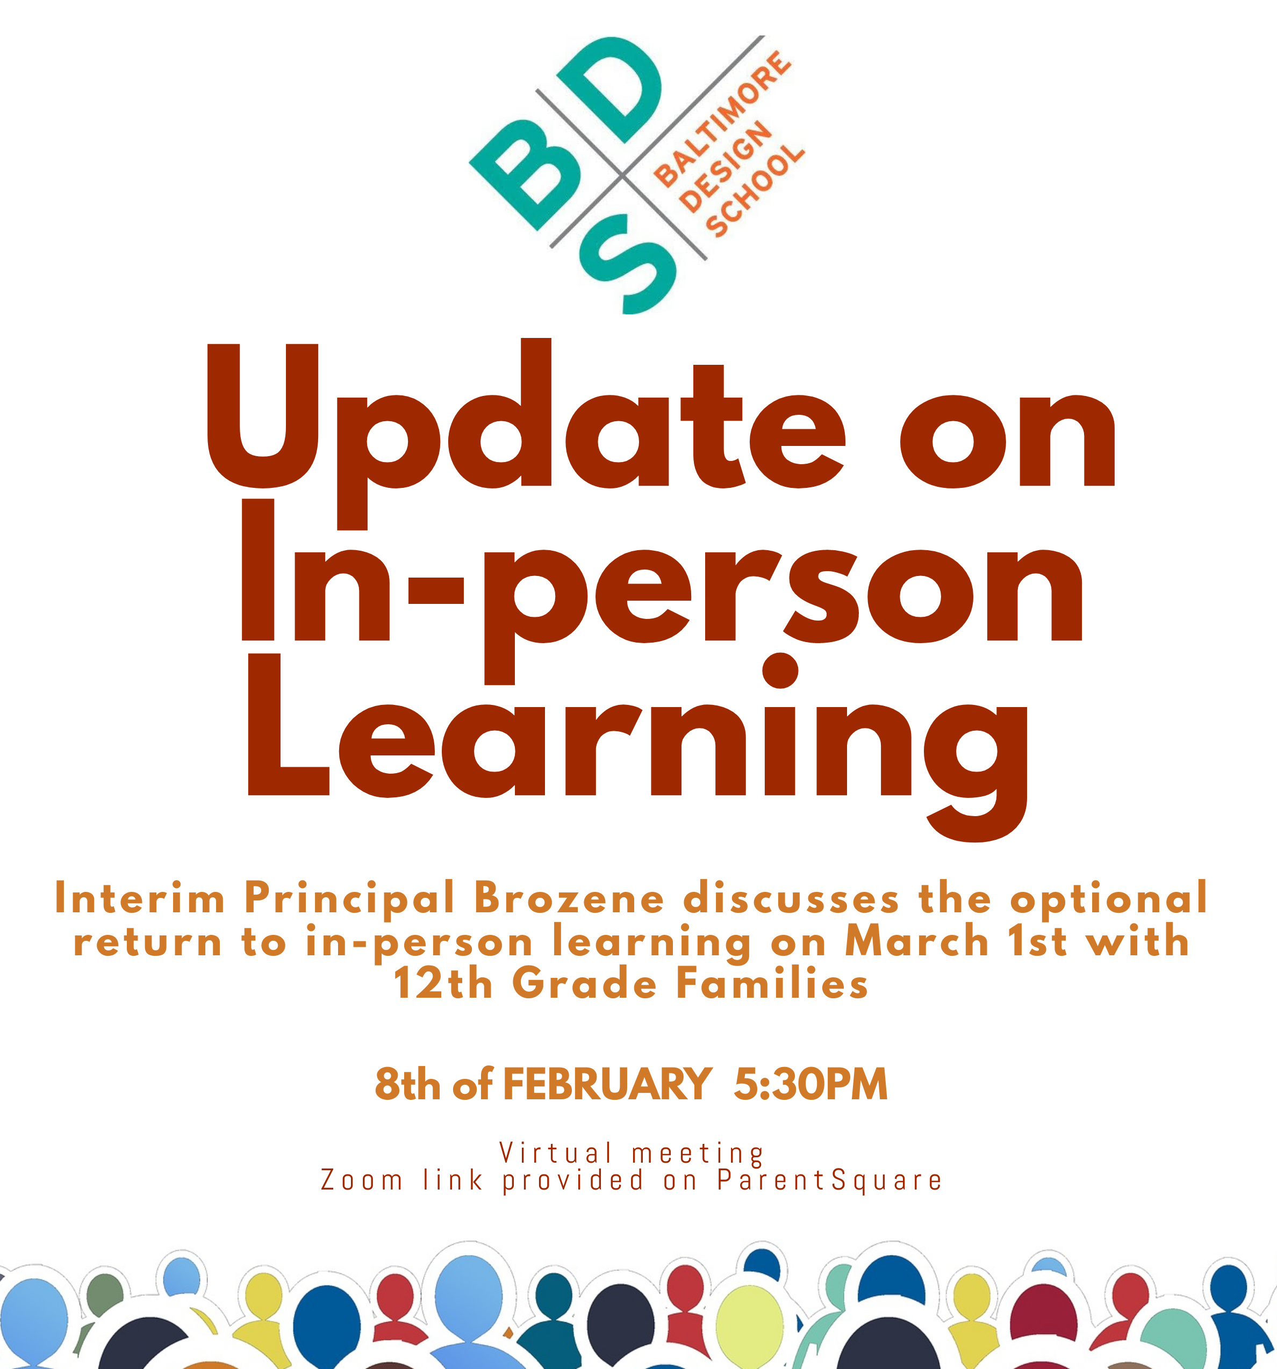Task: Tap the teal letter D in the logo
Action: pos(609,90)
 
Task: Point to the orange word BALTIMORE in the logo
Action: pos(722,118)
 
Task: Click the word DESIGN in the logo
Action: pos(725,167)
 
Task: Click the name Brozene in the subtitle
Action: pos(569,899)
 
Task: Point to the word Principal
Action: pos(349,899)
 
